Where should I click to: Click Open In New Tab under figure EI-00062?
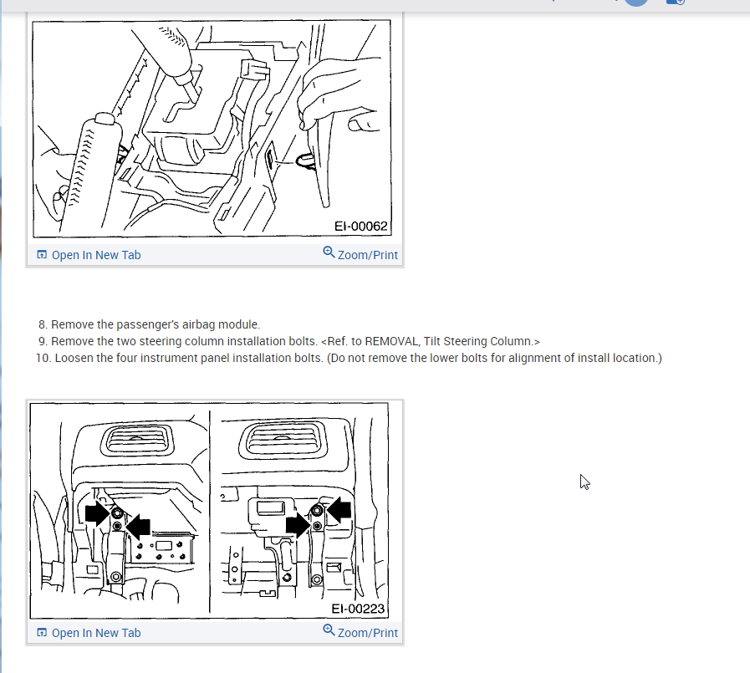(96, 255)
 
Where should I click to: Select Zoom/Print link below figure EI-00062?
(367, 255)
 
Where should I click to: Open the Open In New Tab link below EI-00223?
(96, 633)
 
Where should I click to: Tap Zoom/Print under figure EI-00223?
(367, 633)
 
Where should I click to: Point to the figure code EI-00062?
(360, 226)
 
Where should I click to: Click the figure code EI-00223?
(358, 609)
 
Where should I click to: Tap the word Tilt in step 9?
(432, 342)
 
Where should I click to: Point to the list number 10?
(43, 359)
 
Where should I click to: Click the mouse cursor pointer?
(584, 482)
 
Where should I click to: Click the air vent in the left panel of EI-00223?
(136, 440)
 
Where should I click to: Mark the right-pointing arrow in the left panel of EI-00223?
(98, 513)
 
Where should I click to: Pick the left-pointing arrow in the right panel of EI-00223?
(339, 509)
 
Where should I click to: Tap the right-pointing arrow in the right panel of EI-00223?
(298, 525)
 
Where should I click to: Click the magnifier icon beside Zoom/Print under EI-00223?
(329, 630)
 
